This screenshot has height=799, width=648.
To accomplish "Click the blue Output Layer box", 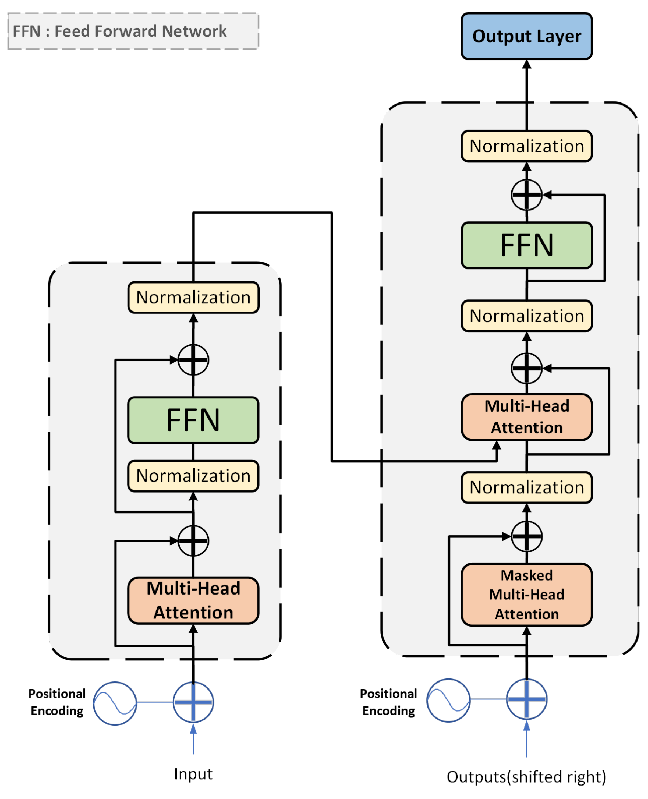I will [x=526, y=36].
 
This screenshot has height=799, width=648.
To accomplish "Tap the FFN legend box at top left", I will [x=133, y=31].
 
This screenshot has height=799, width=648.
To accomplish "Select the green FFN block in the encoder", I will [x=193, y=420].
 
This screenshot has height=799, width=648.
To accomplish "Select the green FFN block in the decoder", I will [x=526, y=245].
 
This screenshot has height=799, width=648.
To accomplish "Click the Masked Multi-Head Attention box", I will [x=526, y=594].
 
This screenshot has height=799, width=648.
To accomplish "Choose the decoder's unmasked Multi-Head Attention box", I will [x=526, y=417].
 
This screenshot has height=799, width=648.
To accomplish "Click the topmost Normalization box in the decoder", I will [x=526, y=146].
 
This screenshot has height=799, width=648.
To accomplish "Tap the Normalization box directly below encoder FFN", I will [x=193, y=476].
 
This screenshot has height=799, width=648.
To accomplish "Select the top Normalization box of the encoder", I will [x=193, y=297].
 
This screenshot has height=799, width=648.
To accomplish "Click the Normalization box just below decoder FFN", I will [x=526, y=316].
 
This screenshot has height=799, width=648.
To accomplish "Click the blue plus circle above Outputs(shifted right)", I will [x=526, y=699].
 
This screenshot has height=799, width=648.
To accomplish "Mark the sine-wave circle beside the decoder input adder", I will [x=448, y=700].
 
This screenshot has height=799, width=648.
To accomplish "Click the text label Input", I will [x=193, y=774].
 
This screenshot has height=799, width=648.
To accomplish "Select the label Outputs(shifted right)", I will [x=526, y=777].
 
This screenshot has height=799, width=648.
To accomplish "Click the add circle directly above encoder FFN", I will [x=193, y=360].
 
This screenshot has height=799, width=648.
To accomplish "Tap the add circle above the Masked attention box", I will [x=526, y=536].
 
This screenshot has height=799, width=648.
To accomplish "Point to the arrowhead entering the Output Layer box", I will [x=526, y=64].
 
